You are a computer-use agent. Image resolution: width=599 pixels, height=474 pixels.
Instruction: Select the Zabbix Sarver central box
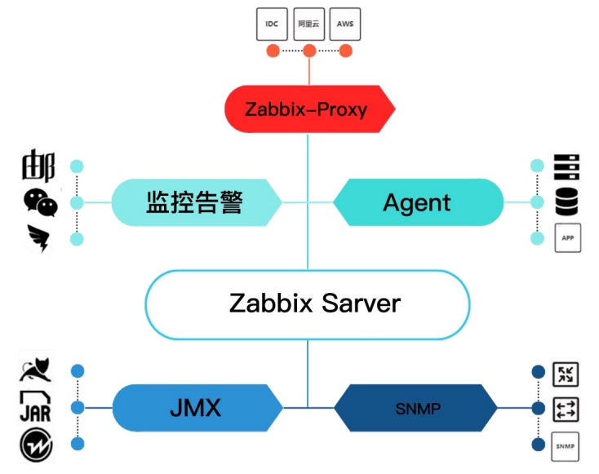308,304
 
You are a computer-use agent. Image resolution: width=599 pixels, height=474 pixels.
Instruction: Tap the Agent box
418,202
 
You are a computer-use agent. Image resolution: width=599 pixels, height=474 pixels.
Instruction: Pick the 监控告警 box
194,202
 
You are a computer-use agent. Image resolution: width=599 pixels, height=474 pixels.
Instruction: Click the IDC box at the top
272,24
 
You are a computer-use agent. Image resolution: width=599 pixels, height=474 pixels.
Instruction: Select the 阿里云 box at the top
308,24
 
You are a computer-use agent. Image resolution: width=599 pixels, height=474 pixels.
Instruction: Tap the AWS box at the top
345,24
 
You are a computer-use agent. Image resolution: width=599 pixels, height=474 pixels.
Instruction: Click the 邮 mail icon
38,166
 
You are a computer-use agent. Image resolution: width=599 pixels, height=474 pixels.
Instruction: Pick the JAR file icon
35,406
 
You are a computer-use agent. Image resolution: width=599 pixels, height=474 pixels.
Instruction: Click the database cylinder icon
566,201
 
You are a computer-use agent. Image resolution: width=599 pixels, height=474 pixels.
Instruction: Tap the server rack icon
566,166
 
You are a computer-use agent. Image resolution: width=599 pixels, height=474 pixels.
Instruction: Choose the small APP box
567,238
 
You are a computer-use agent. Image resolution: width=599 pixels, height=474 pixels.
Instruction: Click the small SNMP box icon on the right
565,445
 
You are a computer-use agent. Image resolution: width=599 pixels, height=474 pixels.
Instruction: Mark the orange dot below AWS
346,51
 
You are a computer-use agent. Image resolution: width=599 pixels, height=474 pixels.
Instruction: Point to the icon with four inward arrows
565,374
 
